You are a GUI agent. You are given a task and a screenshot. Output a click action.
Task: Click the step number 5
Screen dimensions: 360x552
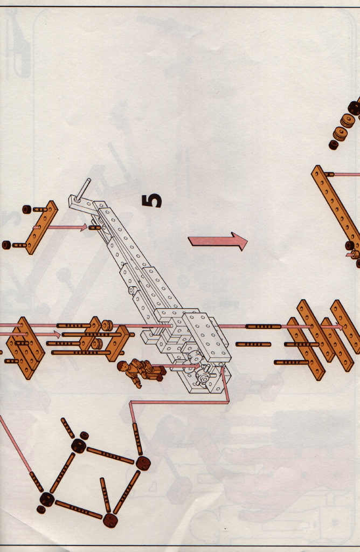(x=151, y=201)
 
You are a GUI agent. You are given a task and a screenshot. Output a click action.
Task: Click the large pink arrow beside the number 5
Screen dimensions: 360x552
(x=218, y=241)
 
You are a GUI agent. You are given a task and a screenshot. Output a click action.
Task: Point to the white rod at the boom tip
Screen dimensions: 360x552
(x=84, y=190)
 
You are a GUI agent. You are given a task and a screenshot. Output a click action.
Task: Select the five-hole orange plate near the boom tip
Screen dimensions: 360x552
(x=42, y=227)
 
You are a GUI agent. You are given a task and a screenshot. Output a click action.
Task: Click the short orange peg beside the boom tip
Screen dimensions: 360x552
(x=94, y=227)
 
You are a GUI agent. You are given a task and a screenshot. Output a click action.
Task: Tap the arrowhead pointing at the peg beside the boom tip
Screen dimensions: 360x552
(x=84, y=227)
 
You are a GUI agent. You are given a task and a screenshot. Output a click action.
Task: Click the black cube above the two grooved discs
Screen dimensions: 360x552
(x=354, y=108)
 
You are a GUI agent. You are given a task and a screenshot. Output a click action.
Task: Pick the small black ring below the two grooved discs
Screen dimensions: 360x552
(x=333, y=144)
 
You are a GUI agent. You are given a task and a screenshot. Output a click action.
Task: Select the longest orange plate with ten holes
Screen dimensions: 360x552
(x=336, y=204)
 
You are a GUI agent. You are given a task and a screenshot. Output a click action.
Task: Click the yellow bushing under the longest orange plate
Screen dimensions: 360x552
(x=355, y=254)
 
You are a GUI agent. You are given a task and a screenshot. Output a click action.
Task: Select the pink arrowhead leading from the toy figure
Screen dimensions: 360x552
(x=197, y=366)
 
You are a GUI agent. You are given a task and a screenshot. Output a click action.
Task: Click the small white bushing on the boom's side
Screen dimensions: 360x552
(x=133, y=291)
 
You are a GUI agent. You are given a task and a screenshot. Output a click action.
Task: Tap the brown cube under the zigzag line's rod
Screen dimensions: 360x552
(x=143, y=463)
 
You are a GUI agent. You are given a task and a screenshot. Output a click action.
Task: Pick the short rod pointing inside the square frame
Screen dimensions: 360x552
(x=106, y=495)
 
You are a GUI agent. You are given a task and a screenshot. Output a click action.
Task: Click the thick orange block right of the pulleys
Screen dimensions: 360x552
(x=118, y=343)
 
